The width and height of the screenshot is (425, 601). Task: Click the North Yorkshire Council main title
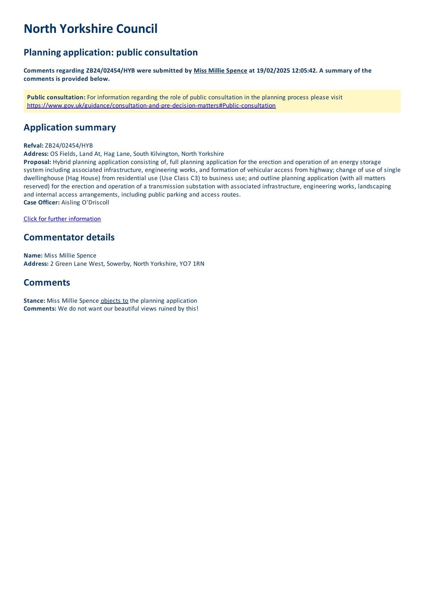coord(90,29)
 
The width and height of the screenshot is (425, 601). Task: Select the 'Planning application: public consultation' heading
coord(111,52)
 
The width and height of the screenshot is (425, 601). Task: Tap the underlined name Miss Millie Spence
coord(220,71)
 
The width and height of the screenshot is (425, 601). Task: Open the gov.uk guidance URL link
coord(151,106)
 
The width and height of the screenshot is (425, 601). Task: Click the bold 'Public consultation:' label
coord(56,97)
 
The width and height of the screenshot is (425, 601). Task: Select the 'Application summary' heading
coord(70,127)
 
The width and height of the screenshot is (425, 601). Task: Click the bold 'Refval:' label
coord(33,146)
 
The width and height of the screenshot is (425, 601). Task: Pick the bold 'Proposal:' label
coord(37,162)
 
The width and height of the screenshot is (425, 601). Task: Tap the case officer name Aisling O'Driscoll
coord(85,202)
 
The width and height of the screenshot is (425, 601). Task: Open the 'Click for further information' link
coord(62,219)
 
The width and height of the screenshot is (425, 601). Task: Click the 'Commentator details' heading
coord(69,237)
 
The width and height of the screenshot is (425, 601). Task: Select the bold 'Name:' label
coord(33,255)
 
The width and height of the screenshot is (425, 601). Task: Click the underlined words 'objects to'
coord(114,301)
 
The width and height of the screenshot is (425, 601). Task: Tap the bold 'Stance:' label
coord(34,301)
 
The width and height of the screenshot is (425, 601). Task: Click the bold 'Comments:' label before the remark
coord(40,309)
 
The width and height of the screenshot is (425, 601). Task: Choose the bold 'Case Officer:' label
coord(41,202)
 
